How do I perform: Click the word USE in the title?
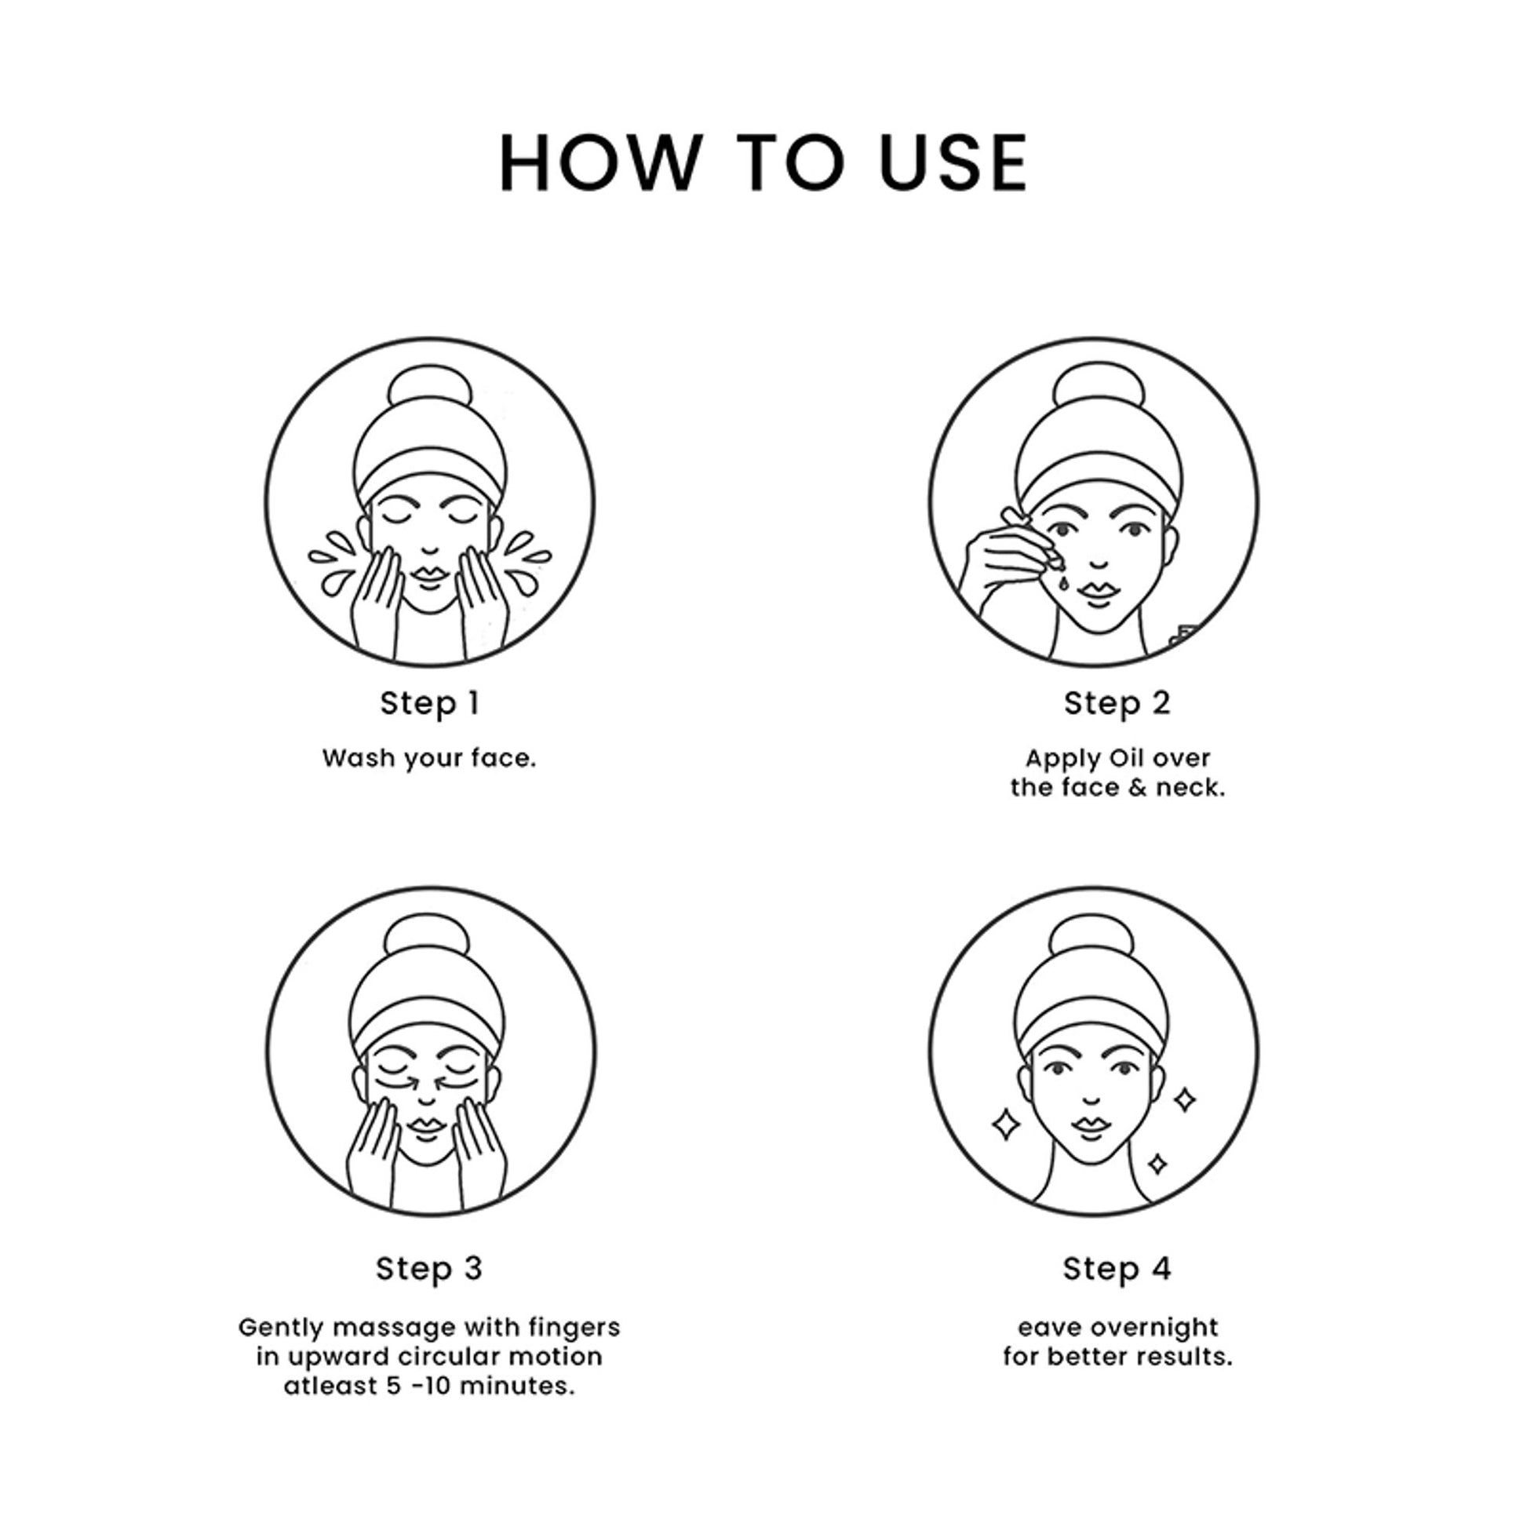pyautogui.click(x=954, y=162)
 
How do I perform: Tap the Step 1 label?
pyautogui.click(x=430, y=703)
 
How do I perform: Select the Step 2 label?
pyautogui.click(x=1117, y=703)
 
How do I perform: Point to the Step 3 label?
pyautogui.click(x=429, y=1269)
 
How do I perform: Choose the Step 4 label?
pyautogui.click(x=1117, y=1269)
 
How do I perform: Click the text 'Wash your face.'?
pyautogui.click(x=429, y=759)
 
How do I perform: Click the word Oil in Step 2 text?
pyautogui.click(x=1127, y=758)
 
